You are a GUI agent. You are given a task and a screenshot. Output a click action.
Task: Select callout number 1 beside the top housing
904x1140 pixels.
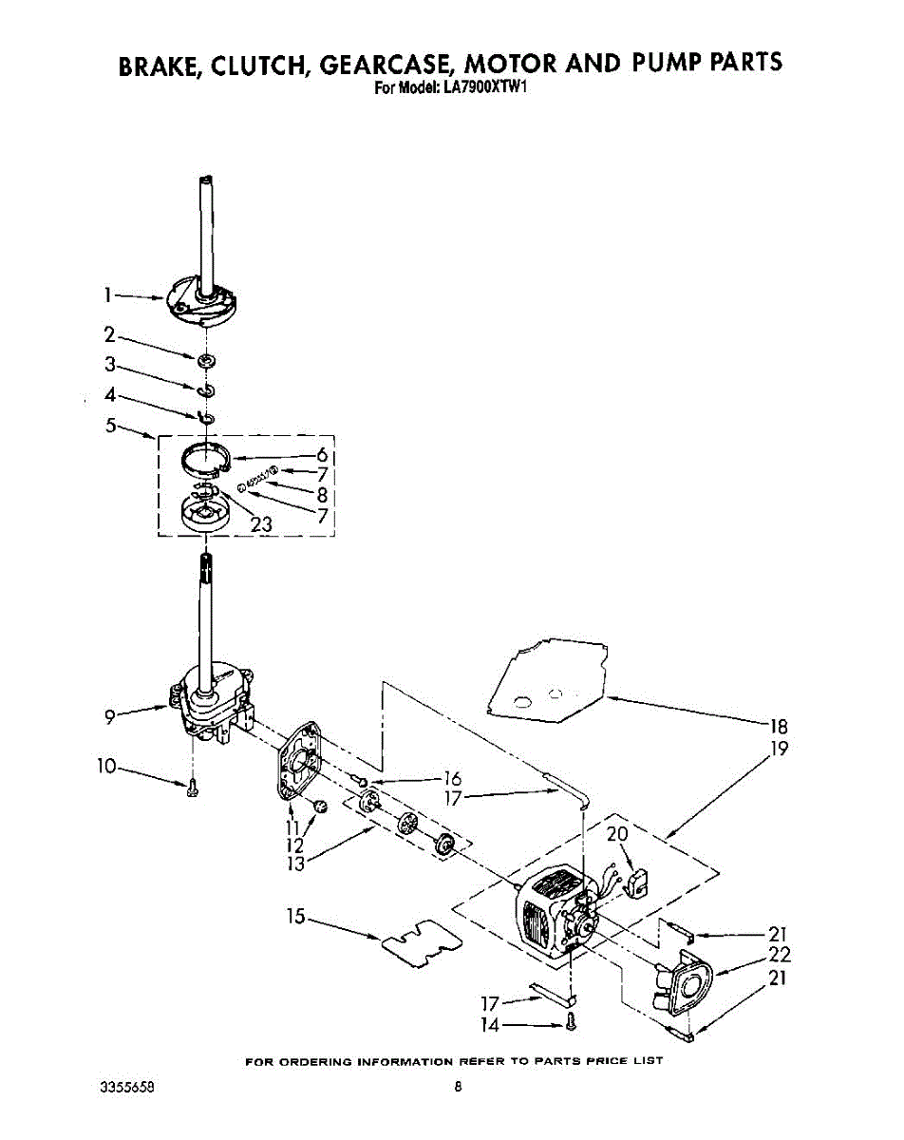[110, 295]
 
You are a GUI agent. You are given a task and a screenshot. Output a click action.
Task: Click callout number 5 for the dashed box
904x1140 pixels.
[110, 427]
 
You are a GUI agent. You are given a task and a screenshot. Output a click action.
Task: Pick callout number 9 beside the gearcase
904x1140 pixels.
[110, 718]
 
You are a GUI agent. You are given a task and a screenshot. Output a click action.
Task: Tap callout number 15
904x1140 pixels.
[296, 917]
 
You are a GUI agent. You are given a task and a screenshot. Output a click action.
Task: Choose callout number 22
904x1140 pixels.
[780, 956]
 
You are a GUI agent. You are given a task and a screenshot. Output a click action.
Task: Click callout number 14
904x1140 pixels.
[490, 1024]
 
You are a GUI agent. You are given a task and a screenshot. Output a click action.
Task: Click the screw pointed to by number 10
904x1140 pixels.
[194, 786]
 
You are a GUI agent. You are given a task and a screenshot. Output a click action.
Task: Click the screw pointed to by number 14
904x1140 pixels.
[570, 1023]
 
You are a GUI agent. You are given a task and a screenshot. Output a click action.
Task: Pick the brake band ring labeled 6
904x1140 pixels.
[208, 457]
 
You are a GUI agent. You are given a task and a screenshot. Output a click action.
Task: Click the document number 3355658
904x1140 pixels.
[126, 1088]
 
